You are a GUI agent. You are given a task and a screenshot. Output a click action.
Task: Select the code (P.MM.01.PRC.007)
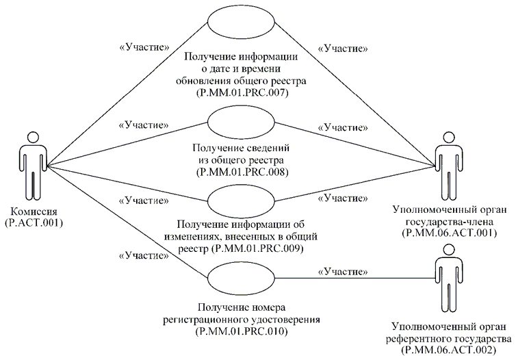click(240, 92)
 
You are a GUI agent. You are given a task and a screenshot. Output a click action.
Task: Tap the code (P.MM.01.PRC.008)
click(240, 172)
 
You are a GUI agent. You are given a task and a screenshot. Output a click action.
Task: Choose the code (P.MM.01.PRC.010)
click(240, 332)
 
